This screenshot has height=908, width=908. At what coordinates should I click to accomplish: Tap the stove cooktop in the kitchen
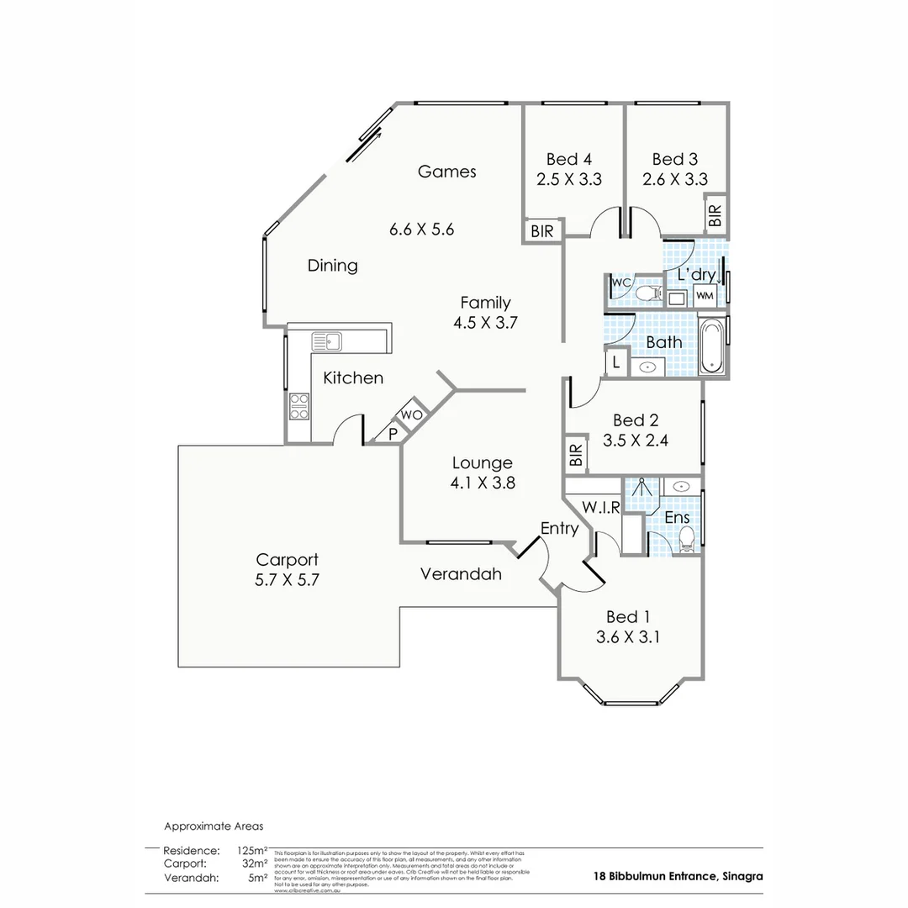pyautogui.click(x=299, y=406)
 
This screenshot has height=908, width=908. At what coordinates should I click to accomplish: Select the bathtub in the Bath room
pyautogui.click(x=711, y=346)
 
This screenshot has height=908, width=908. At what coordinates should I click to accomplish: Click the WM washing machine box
pyautogui.click(x=704, y=296)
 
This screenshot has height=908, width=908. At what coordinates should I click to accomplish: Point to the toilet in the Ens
pyautogui.click(x=687, y=538)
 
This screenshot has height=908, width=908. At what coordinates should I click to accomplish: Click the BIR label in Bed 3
pyautogui.click(x=715, y=215)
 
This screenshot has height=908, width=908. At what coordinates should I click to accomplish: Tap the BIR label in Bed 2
pyautogui.click(x=576, y=455)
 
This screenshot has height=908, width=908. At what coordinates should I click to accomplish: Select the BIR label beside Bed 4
pyautogui.click(x=543, y=230)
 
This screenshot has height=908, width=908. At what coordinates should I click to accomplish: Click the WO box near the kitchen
pyautogui.click(x=411, y=414)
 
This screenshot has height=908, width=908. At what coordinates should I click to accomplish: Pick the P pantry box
pyautogui.click(x=392, y=433)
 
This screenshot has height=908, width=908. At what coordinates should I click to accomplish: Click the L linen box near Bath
pyautogui.click(x=616, y=362)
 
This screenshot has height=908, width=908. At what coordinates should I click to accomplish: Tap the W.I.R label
pyautogui.click(x=601, y=507)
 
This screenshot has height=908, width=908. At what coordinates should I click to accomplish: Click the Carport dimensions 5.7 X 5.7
pyautogui.click(x=288, y=579)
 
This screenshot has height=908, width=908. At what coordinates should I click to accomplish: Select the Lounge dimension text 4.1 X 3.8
pyautogui.click(x=483, y=483)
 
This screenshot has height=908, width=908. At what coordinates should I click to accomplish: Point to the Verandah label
pyautogui.click(x=461, y=574)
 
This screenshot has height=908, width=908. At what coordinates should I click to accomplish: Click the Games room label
pyautogui.click(x=447, y=172)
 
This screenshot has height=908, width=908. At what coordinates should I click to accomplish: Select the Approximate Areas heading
pyautogui.click(x=214, y=826)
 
